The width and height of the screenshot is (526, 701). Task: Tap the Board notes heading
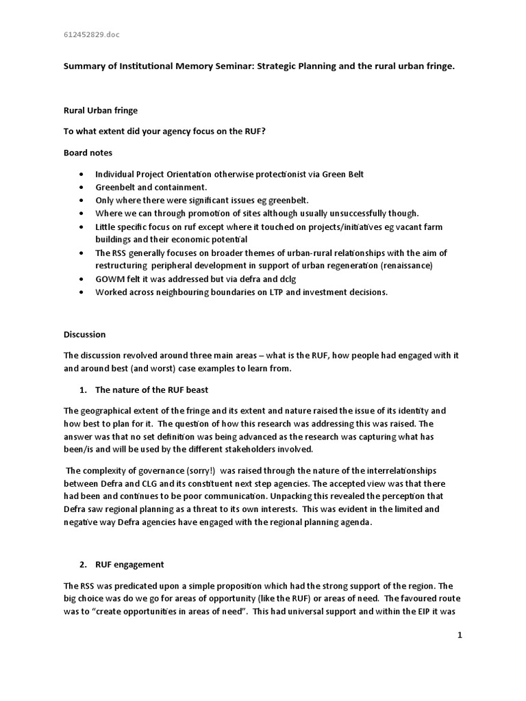tap(88, 153)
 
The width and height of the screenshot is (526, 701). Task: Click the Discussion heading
tap(85, 335)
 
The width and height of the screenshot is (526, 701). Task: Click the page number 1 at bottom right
tap(460, 635)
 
